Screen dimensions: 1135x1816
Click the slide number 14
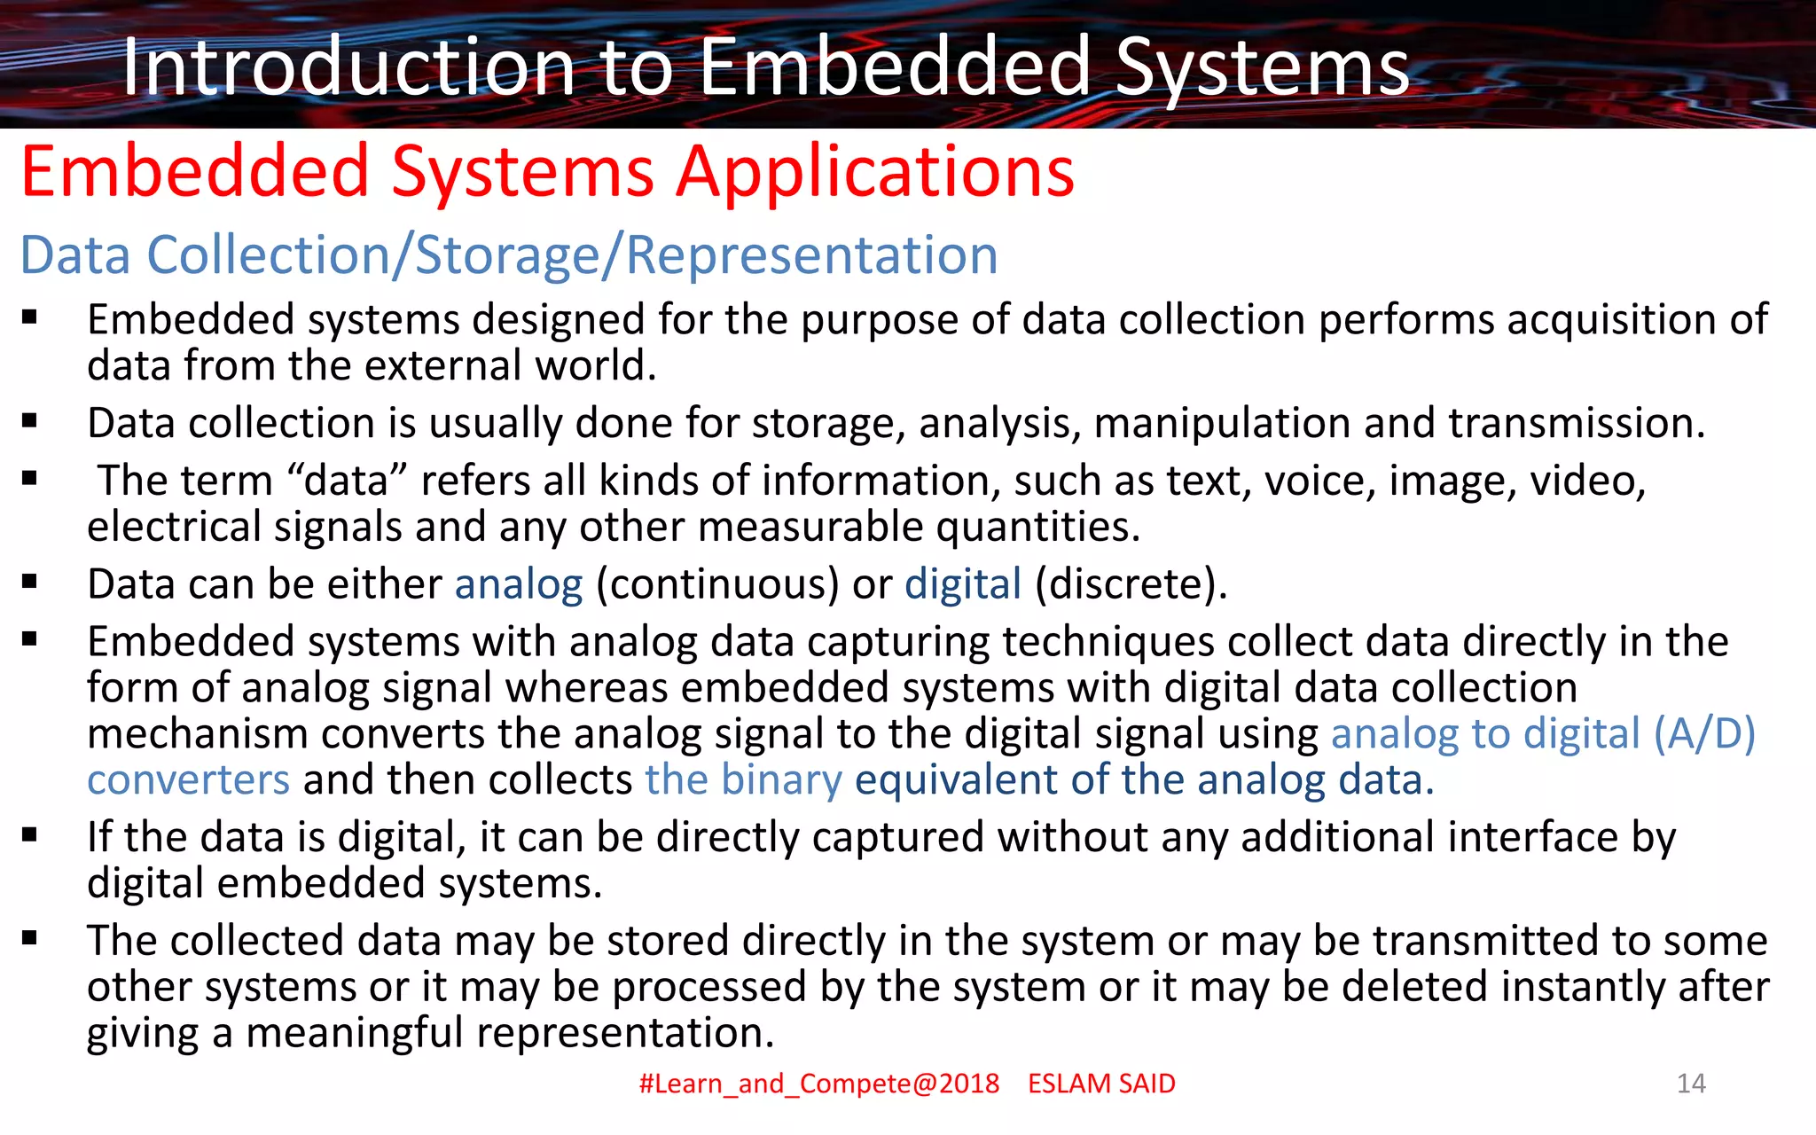coord(1691,1083)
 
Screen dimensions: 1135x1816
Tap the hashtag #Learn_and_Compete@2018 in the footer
coord(818,1084)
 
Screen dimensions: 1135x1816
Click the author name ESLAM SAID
coord(1101,1084)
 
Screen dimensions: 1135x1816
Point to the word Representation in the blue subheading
coord(811,255)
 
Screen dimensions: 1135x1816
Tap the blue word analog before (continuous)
coord(519,584)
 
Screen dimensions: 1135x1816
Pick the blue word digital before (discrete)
coord(963,584)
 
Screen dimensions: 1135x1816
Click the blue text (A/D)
coord(1704,734)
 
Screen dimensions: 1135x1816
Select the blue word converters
coord(188,780)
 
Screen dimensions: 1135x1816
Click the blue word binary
coord(781,780)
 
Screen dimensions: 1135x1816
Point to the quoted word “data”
coord(348,481)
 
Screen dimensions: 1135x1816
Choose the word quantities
coord(1037,528)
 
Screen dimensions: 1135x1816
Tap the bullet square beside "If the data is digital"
coord(30,834)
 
